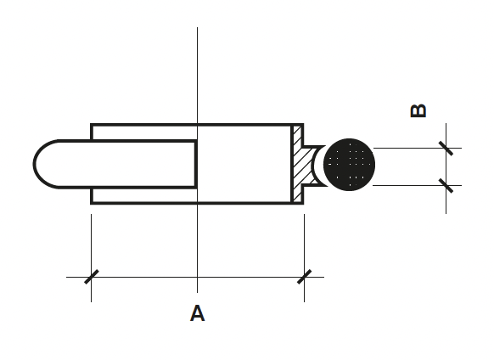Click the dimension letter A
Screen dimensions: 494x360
[x=197, y=313]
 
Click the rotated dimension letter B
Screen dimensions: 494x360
[x=418, y=111]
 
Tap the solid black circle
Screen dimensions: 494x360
[x=349, y=164]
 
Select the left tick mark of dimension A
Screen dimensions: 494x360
[x=92, y=277]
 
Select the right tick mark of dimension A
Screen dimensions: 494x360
[x=305, y=277]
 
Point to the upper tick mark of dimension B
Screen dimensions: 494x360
[x=446, y=149]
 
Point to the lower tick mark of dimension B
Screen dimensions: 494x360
[x=446, y=186]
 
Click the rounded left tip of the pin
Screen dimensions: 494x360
[x=34, y=164]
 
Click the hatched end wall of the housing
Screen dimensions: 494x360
[x=297, y=164]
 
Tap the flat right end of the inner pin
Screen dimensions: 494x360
[x=196, y=164]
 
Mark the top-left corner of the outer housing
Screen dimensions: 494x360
[x=92, y=125]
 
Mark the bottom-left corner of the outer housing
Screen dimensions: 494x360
[x=92, y=203]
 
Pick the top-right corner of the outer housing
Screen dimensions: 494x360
[x=303, y=125]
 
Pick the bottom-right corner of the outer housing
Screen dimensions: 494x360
[x=303, y=203]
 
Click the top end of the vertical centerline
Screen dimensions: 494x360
[x=198, y=27]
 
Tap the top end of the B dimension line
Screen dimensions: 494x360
[x=446, y=123]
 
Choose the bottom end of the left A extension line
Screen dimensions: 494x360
[x=92, y=302]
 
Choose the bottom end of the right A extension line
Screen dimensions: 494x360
[x=305, y=302]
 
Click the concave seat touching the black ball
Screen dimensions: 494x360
[x=313, y=164]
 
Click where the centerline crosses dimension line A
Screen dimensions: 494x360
[x=198, y=277]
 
